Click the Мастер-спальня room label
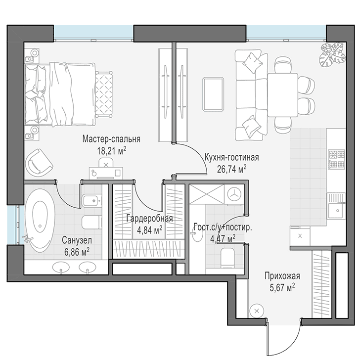pyautogui.click(x=111, y=139)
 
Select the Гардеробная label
pyautogui.click(x=150, y=219)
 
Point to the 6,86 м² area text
pyautogui.click(x=77, y=252)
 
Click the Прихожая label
pyautogui.click(x=282, y=276)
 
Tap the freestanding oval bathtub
pyautogui.click(x=40, y=221)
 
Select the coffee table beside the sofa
pyautogui.click(x=213, y=94)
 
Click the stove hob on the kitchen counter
pyautogui.click(x=337, y=160)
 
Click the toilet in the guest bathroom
pyautogui.click(x=227, y=258)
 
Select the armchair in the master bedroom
pyautogui.click(x=39, y=162)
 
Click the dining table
pyautogui.click(x=283, y=95)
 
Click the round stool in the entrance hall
pyautogui.click(x=257, y=311)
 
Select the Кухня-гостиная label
pyautogui.click(x=231, y=157)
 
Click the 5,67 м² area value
pyautogui.click(x=282, y=287)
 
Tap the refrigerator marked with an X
pyautogui.click(x=300, y=236)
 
